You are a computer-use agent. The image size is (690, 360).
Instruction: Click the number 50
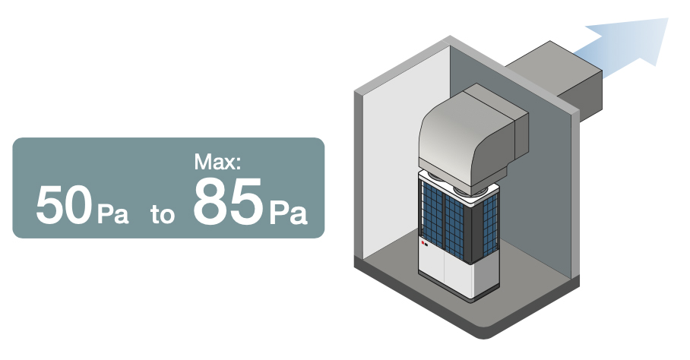pos(64,205)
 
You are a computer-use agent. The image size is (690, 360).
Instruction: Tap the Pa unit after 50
pos(112,213)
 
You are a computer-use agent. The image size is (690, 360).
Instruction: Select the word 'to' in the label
pos(163,214)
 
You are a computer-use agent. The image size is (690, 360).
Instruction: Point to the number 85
pos(228,202)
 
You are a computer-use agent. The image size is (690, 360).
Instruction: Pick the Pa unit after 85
pos(288,213)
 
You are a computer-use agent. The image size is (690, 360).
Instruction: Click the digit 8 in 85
pos(210,202)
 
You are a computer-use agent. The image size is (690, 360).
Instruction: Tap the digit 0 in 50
pos(78,205)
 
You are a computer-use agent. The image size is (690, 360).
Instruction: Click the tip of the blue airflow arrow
pos(668,18)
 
